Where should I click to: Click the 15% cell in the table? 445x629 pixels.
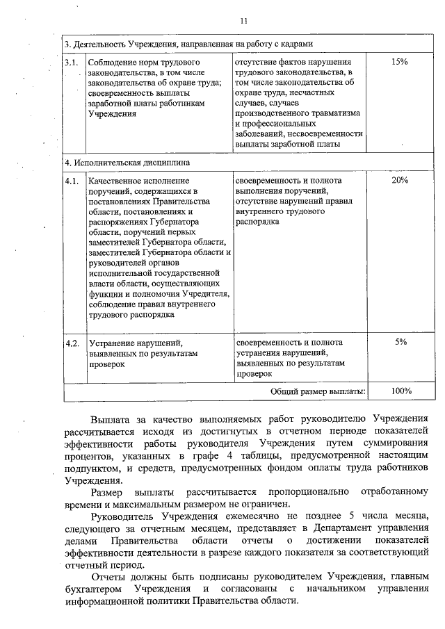click(x=399, y=62)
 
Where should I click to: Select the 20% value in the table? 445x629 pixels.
click(x=399, y=180)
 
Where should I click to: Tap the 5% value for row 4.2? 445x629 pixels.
click(x=400, y=342)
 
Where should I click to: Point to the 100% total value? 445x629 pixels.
click(x=400, y=391)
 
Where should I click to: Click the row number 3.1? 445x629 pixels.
click(x=71, y=62)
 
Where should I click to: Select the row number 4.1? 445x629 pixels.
click(x=71, y=181)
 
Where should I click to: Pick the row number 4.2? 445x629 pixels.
click(x=72, y=343)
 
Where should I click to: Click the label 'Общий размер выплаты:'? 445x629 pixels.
click(x=318, y=391)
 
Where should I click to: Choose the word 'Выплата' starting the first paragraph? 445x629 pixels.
click(x=111, y=419)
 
